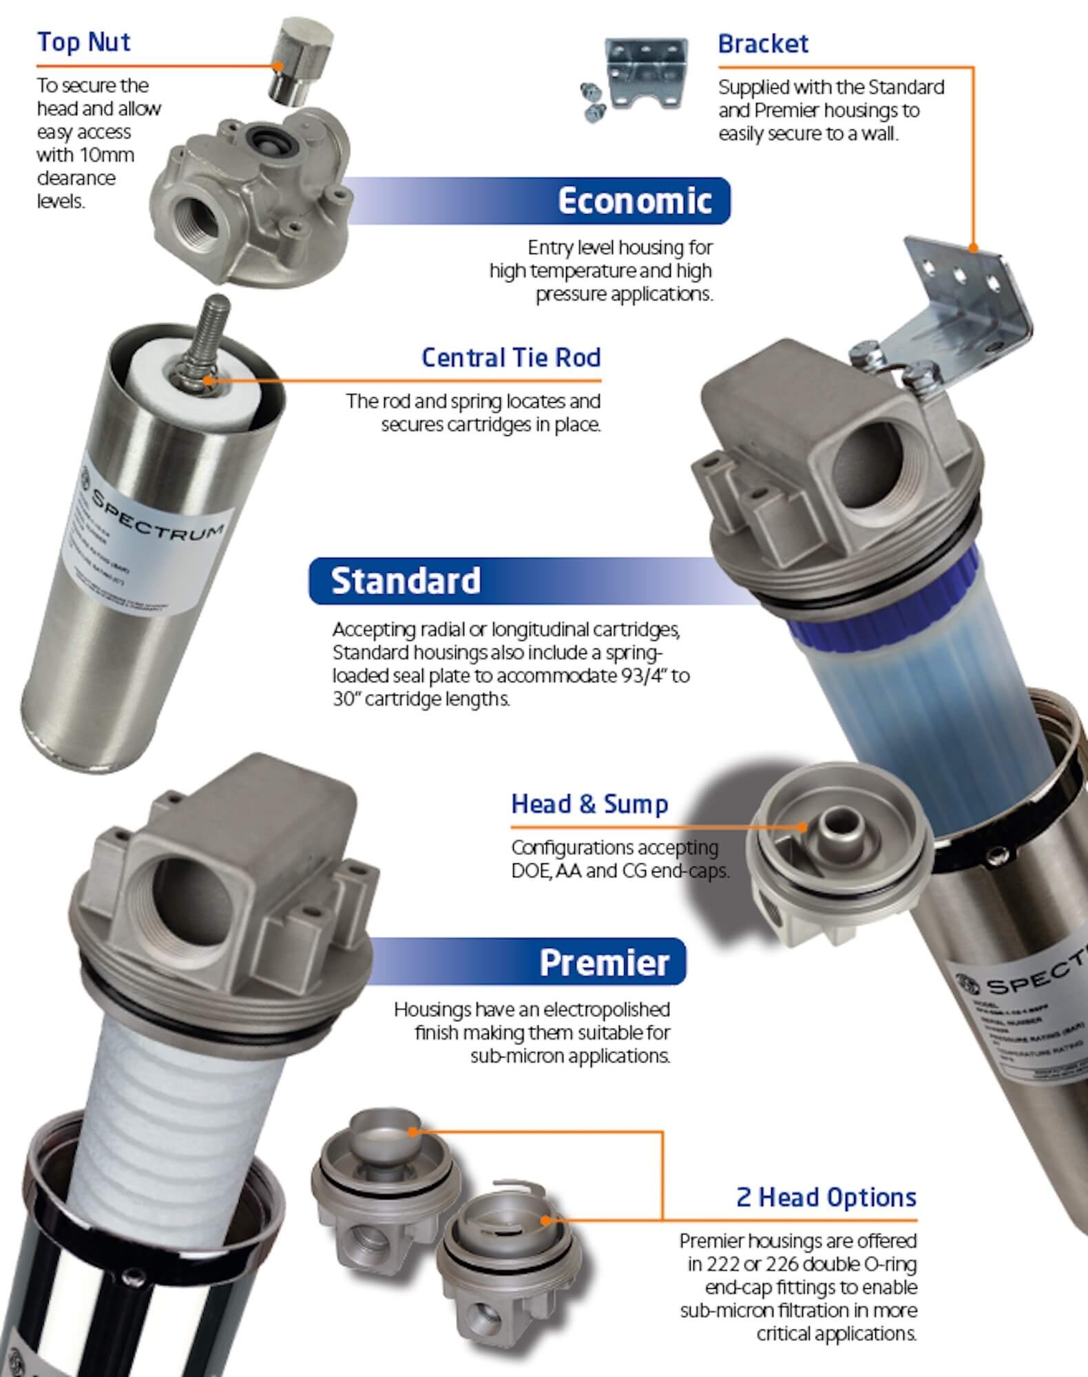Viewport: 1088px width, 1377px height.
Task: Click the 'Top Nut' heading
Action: (83, 43)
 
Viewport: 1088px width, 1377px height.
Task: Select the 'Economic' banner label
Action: (634, 201)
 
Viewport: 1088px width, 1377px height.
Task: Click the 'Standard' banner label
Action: (406, 581)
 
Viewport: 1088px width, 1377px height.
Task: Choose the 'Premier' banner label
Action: (604, 962)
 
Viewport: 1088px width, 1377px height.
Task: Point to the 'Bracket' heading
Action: (763, 44)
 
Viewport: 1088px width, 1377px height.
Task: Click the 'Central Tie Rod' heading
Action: (511, 358)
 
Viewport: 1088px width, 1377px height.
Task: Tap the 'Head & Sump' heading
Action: (589, 804)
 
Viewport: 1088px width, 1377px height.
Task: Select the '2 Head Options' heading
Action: (826, 1197)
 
